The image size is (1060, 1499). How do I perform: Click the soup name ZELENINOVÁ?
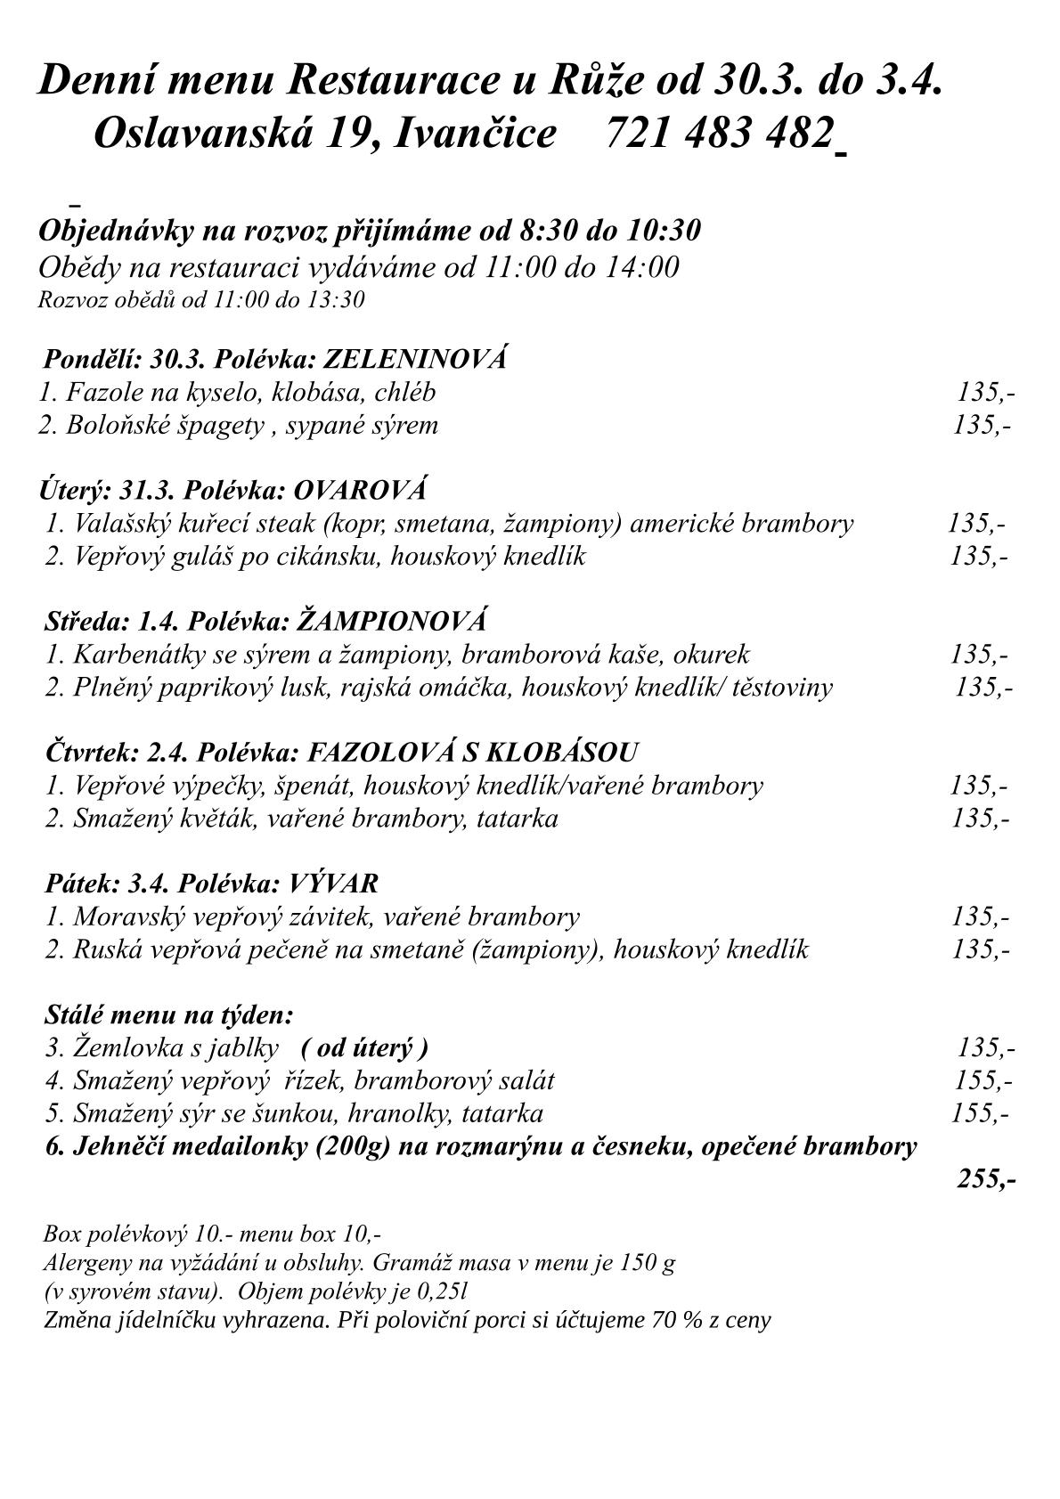tap(414, 360)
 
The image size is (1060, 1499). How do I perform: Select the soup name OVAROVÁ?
tap(359, 491)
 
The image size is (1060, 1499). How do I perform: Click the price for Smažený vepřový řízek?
tap(983, 1080)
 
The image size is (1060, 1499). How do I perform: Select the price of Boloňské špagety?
tap(982, 425)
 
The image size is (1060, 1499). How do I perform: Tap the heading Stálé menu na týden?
tap(169, 1014)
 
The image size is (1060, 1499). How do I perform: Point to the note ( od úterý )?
tap(364, 1047)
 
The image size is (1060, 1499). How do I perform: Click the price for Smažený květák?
tap(980, 818)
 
